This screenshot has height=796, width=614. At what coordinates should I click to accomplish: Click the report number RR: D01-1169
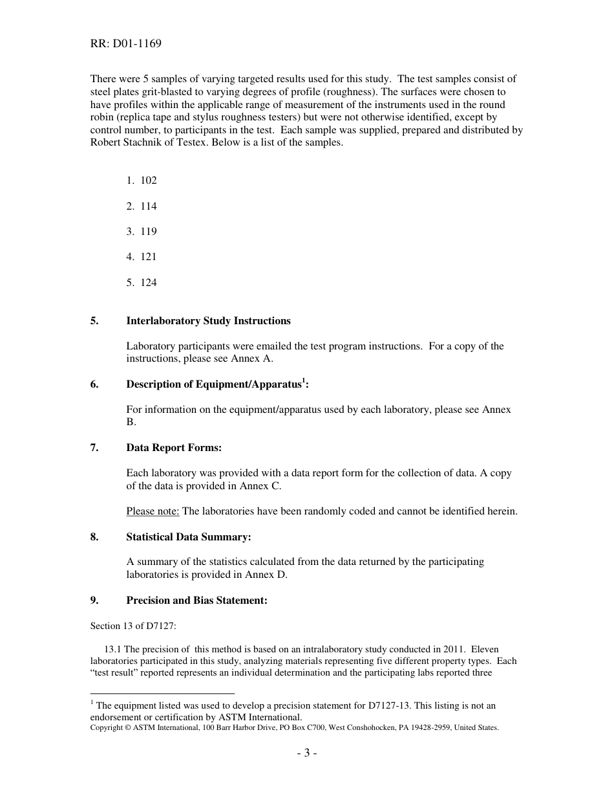point(125,44)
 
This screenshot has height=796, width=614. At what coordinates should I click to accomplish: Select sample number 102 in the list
point(148,181)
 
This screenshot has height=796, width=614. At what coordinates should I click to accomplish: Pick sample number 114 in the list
point(148,206)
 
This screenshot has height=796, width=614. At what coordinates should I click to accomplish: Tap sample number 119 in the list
point(148,232)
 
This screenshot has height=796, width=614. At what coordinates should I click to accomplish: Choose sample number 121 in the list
point(148,257)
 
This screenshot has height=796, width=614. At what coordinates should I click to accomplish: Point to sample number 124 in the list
point(148,283)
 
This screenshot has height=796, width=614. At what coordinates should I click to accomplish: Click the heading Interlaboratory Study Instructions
point(208,321)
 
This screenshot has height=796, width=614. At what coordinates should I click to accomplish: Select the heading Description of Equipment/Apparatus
point(217,384)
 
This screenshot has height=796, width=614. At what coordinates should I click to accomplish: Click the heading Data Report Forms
point(174,448)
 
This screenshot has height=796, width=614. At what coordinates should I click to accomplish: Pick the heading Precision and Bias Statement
point(196,601)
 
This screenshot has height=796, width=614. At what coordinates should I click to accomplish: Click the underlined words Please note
point(153,511)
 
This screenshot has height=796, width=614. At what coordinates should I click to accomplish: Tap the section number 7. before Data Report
point(94,448)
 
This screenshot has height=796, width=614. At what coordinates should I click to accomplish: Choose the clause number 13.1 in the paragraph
point(112,649)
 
